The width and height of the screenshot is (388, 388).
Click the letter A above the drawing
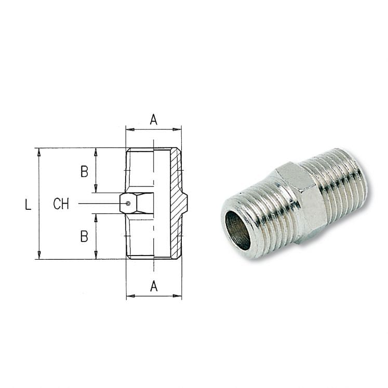point(154,119)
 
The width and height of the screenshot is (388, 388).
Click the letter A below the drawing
point(154,286)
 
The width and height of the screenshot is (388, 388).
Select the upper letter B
point(84,172)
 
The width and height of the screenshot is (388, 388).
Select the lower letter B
point(84,236)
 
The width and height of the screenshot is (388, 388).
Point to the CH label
point(61,204)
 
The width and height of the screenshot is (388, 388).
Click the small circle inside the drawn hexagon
point(128,203)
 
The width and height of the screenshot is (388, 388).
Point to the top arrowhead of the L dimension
point(39,151)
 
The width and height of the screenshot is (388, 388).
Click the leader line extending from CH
point(99,203)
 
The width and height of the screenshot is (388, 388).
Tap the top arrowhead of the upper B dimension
point(96,151)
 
